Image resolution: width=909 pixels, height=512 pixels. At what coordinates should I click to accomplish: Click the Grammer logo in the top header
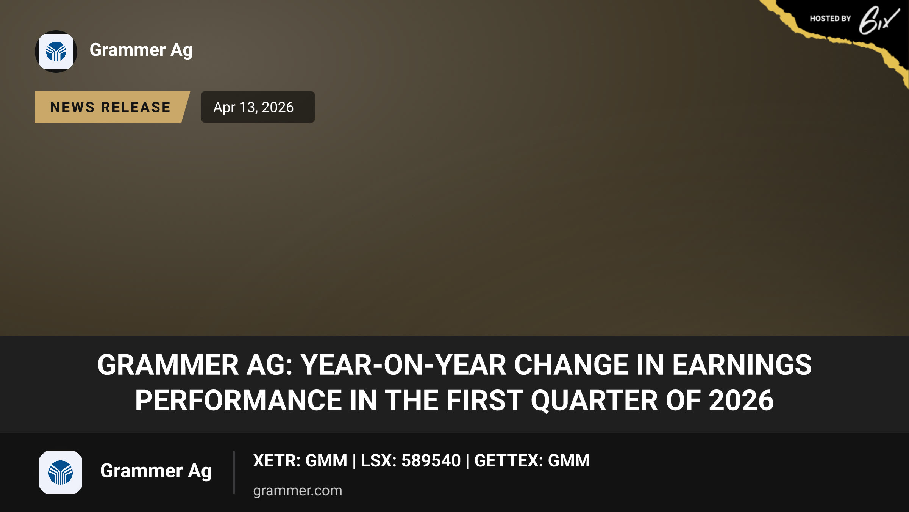pyautogui.click(x=56, y=52)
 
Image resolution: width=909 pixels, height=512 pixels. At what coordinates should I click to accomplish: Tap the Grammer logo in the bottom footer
pyautogui.click(x=61, y=473)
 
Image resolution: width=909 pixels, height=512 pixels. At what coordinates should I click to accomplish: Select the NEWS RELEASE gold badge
pyautogui.click(x=112, y=107)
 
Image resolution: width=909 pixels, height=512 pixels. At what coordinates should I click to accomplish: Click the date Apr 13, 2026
pyautogui.click(x=253, y=107)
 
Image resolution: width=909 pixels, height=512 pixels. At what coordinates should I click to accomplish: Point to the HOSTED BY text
pyautogui.click(x=830, y=19)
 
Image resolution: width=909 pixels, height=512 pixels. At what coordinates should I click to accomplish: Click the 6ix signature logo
pyautogui.click(x=879, y=20)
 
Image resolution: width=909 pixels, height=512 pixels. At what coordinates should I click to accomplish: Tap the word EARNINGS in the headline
pyautogui.click(x=742, y=365)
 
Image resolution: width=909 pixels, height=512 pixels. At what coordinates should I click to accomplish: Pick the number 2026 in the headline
pyautogui.click(x=741, y=400)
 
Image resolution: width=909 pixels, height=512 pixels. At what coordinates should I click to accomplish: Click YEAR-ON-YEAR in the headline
pyautogui.click(x=403, y=365)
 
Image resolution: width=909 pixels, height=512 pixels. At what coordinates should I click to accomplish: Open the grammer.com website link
pyautogui.click(x=298, y=491)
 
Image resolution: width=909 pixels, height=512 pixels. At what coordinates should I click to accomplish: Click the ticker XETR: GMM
pyautogui.click(x=300, y=461)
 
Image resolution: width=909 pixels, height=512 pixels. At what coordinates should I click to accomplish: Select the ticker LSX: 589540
pyautogui.click(x=411, y=461)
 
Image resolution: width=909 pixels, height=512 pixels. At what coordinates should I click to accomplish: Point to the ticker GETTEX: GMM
pyautogui.click(x=532, y=461)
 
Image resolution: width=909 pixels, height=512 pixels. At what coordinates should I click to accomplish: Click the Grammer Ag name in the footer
pyautogui.click(x=156, y=471)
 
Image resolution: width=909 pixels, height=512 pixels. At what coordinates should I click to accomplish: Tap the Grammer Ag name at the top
pyautogui.click(x=141, y=50)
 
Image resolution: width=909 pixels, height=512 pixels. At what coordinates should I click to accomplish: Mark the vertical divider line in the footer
pyautogui.click(x=234, y=473)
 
